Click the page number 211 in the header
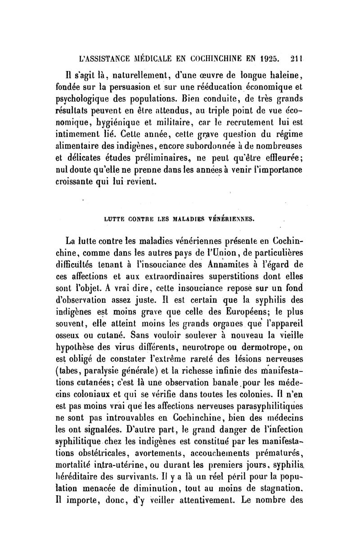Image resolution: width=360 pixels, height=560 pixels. click(297, 58)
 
